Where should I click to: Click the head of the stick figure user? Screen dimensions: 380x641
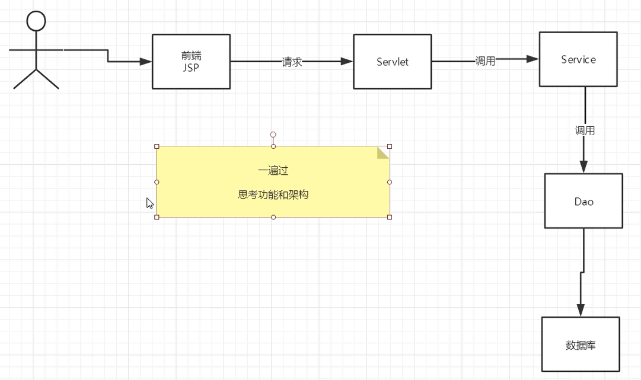tap(36, 21)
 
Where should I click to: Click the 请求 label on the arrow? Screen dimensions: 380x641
tap(292, 62)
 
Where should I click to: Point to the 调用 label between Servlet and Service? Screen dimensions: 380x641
tap(485, 61)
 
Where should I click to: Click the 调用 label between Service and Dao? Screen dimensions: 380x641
tap(585, 130)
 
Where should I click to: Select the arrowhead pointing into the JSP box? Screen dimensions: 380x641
tap(146, 61)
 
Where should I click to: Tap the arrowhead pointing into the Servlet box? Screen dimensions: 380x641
tap(347, 61)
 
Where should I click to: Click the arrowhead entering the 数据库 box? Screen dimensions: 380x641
tap(581, 310)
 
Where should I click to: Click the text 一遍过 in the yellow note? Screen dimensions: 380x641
tap(273, 171)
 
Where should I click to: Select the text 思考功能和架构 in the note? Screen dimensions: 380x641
tap(273, 194)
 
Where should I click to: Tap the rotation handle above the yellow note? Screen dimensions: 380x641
tap(273, 135)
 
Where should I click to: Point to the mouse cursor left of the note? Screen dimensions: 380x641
tap(150, 203)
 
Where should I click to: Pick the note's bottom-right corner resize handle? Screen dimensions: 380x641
tap(390, 217)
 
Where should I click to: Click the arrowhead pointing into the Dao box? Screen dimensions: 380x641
tap(583, 167)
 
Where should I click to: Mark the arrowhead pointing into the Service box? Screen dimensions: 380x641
tap(532, 59)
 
